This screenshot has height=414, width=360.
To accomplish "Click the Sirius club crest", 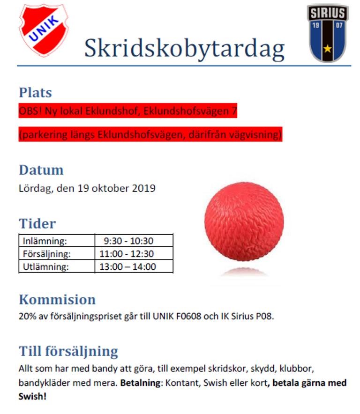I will (x=328, y=32).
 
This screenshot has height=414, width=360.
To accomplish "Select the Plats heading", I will (x=35, y=92).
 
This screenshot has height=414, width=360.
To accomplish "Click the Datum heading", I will (x=41, y=170).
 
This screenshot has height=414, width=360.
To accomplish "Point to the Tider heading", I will (x=37, y=223).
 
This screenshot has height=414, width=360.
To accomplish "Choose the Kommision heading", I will (x=57, y=299).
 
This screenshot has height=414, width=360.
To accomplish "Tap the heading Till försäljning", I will (x=68, y=351).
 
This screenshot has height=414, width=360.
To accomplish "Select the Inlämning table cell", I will (x=45, y=241).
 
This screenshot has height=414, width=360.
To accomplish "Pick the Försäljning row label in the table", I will (x=46, y=254).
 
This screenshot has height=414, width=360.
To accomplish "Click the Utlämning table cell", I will (x=45, y=267).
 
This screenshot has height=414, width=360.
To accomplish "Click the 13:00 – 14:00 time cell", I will (x=128, y=267).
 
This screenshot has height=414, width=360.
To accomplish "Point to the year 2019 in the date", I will (x=143, y=189).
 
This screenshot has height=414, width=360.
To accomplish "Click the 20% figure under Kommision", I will (x=27, y=316).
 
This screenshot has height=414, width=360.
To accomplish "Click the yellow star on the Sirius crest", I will (x=327, y=48).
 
